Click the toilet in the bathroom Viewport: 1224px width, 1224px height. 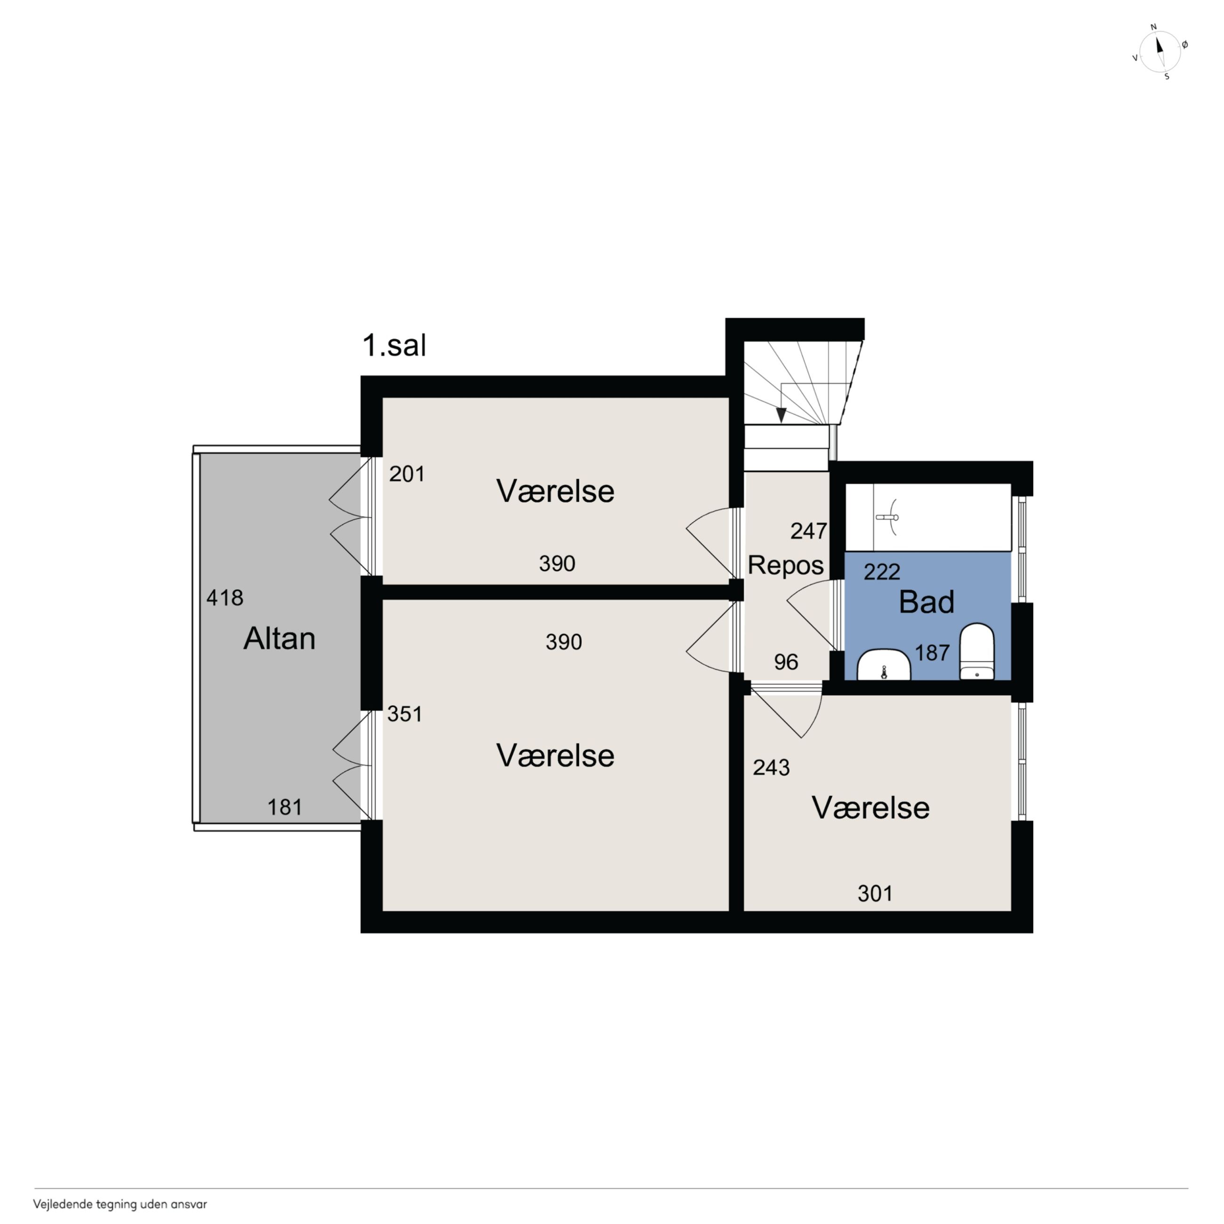(x=977, y=651)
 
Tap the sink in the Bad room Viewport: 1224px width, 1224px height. (x=884, y=665)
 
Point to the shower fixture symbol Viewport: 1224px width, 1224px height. (x=889, y=517)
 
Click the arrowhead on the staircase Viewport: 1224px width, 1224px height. (x=781, y=415)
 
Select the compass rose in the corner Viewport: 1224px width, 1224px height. (x=1160, y=51)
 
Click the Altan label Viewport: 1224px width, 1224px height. (x=279, y=639)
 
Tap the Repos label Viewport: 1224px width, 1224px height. (x=786, y=565)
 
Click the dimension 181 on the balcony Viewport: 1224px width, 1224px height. (x=284, y=807)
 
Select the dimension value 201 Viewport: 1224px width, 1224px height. (x=407, y=474)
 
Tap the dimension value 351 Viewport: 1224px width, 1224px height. (x=405, y=714)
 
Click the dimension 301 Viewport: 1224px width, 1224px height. (x=875, y=894)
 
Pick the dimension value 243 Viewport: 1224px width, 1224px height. (x=771, y=767)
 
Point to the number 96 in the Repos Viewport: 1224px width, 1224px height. (x=786, y=662)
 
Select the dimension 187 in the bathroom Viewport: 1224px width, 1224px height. (x=932, y=652)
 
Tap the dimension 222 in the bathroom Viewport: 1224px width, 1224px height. (x=882, y=572)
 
